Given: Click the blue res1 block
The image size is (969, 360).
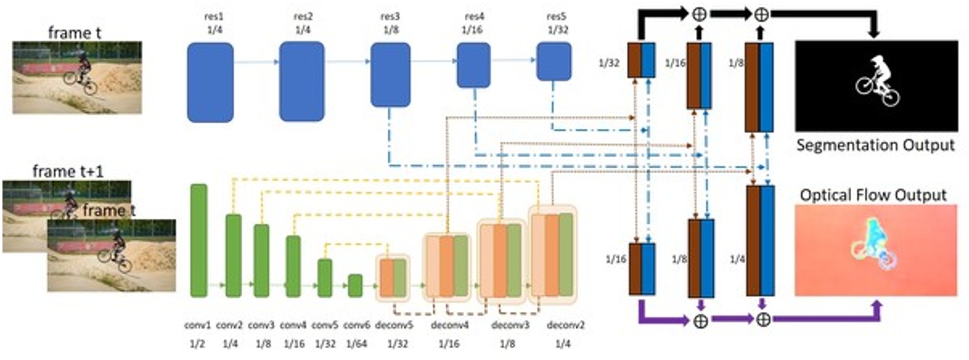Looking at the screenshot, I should point(210,82).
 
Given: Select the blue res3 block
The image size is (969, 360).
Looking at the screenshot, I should point(390,75).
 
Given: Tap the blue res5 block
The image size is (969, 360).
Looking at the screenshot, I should point(554,63).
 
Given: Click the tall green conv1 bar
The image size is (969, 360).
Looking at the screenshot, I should point(199,240).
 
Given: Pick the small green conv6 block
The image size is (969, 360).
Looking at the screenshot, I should point(355,286).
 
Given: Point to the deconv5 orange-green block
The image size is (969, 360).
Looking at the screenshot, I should point(393,280).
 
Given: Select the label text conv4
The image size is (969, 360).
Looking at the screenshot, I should point(293,326).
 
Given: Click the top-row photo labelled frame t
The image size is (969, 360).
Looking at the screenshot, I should point(77,77).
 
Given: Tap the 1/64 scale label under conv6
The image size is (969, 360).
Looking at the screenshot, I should point(355,343).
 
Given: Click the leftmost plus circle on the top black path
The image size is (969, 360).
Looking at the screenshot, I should point(699,13).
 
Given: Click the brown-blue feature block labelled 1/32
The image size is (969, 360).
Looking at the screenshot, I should point(641,60).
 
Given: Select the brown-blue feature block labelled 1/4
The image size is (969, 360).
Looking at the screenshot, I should point(760,240).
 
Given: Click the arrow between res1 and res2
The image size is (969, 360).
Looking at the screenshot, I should point(256,62).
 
